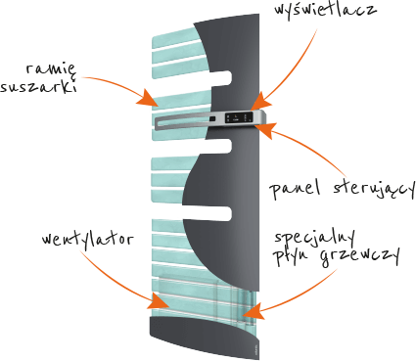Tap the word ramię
(x=51, y=69)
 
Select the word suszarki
(x=38, y=87)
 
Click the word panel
(x=295, y=189)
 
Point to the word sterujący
(x=374, y=189)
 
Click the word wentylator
(x=87, y=240)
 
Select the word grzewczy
(x=359, y=257)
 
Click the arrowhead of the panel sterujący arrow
(x=265, y=129)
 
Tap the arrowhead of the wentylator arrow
(x=159, y=301)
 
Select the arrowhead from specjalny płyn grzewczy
(x=254, y=311)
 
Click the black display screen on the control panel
(x=239, y=117)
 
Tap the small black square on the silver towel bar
(x=212, y=118)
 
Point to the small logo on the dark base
(x=255, y=348)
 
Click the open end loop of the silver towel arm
(x=158, y=123)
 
